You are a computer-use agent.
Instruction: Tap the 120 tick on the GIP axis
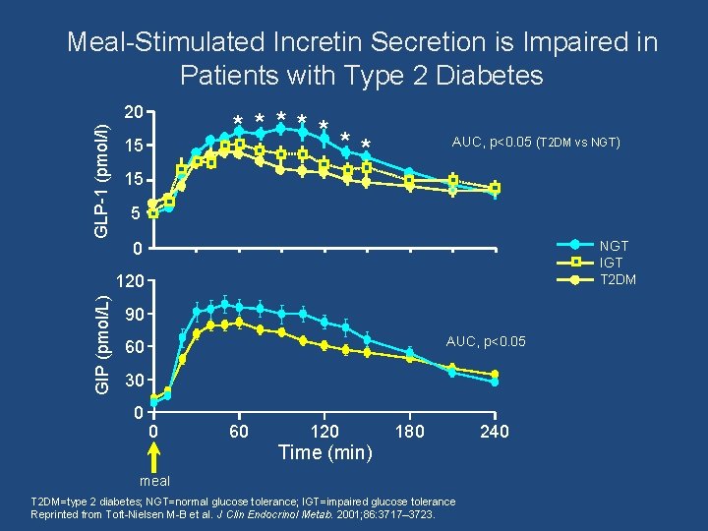pyautogui.click(x=133, y=282)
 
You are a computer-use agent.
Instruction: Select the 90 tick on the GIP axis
pyautogui.click(x=137, y=315)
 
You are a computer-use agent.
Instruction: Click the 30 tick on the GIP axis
pyautogui.click(x=137, y=381)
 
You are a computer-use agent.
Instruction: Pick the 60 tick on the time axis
pyautogui.click(x=238, y=432)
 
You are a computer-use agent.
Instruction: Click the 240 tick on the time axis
pyautogui.click(x=494, y=432)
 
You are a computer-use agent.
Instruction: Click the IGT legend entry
pyautogui.click(x=611, y=263)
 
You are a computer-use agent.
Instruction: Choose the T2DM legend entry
pyautogui.click(x=617, y=279)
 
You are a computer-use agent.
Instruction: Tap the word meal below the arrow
pyautogui.click(x=154, y=481)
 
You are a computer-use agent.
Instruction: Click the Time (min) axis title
pyautogui.click(x=325, y=452)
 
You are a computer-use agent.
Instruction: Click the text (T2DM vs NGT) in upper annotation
pyautogui.click(x=578, y=143)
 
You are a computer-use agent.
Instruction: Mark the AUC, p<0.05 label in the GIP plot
pyautogui.click(x=486, y=341)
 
